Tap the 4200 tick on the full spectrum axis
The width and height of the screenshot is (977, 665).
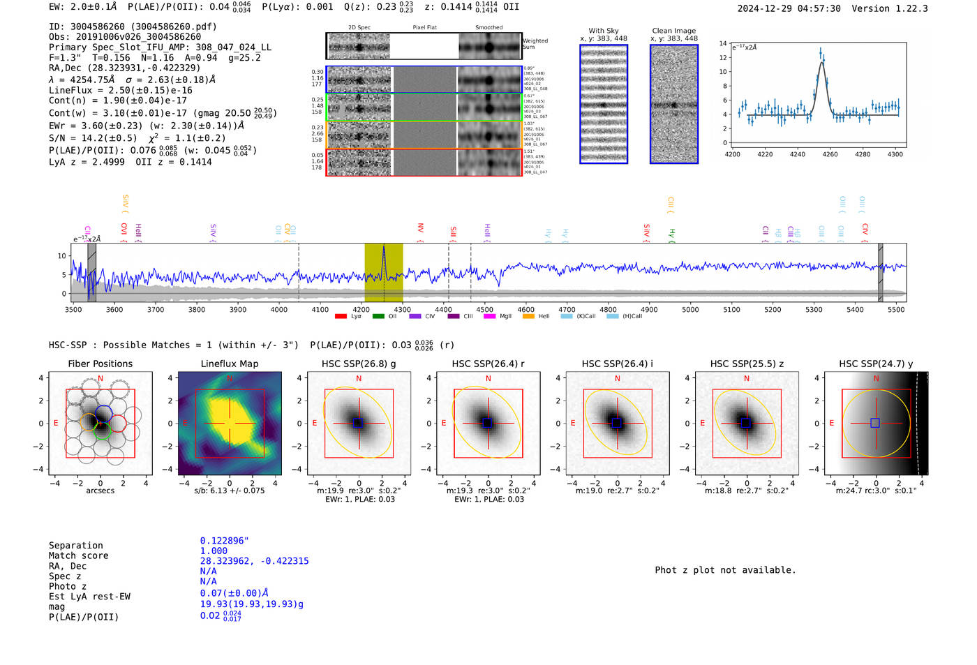pyautogui.click(x=361, y=309)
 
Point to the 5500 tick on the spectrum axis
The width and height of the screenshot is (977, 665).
pyautogui.click(x=896, y=309)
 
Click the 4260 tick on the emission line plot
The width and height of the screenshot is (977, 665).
pyautogui.click(x=830, y=154)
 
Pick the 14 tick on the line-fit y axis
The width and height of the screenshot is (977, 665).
pyautogui.click(x=723, y=43)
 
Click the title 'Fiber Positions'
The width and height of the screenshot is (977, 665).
pyautogui.click(x=100, y=364)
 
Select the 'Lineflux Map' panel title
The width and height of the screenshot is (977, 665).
pyautogui.click(x=229, y=364)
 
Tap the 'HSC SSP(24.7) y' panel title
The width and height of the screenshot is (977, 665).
pyautogui.click(x=876, y=364)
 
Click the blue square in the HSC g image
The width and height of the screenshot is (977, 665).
pyautogui.click(x=358, y=423)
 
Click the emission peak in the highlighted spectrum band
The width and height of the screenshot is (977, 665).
pyautogui.click(x=383, y=248)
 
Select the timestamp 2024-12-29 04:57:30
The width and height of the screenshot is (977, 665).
pyautogui.click(x=789, y=8)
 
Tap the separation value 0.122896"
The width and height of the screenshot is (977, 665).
pyautogui.click(x=224, y=541)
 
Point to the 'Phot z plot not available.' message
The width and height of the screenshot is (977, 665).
pyautogui.click(x=725, y=570)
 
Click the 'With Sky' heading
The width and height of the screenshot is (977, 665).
pyautogui.click(x=603, y=31)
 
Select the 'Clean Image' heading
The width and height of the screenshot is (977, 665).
pyautogui.click(x=673, y=31)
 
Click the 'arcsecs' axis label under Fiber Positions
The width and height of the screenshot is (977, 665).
pyautogui.click(x=100, y=491)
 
